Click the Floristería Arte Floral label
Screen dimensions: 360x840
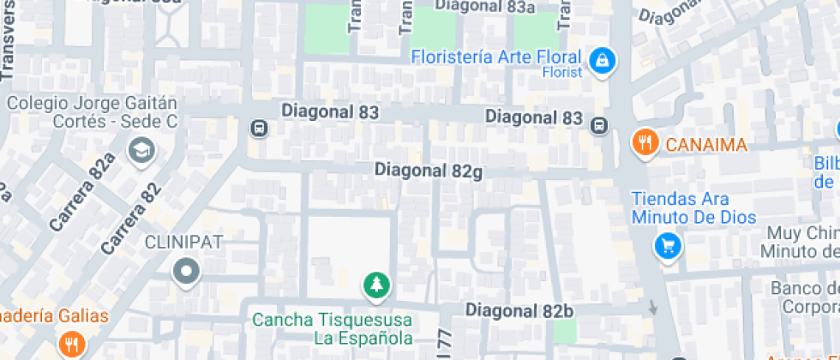coord(496,57)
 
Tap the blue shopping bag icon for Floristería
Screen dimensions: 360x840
coord(603,60)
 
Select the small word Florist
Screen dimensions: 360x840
coord(561,73)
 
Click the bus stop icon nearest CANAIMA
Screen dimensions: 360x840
coord(599,125)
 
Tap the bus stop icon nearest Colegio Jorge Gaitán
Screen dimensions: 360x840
coord(257,129)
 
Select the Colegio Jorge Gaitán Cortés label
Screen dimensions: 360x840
coord(92,112)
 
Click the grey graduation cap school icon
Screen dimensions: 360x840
coord(139,152)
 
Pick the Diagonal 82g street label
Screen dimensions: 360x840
coord(429,171)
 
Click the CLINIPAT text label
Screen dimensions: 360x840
coord(184,242)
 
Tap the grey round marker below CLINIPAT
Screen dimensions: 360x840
coord(185,273)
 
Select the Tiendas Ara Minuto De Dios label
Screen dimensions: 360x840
coord(694,207)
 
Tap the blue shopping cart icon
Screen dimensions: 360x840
coord(667,246)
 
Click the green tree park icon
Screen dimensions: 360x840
coord(375,285)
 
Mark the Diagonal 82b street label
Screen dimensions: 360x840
coord(519,309)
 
